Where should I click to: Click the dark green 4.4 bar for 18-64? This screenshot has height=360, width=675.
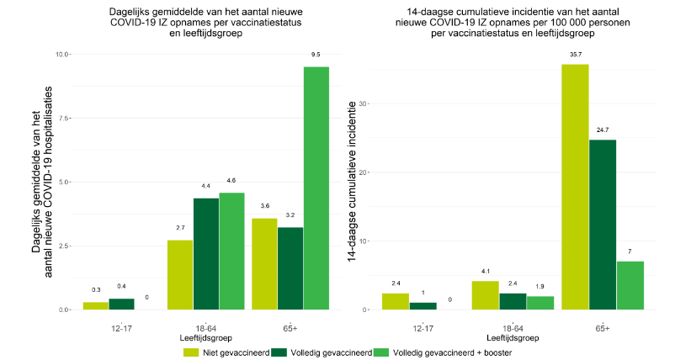(x=206, y=253)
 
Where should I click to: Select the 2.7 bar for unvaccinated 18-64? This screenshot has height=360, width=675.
(x=180, y=275)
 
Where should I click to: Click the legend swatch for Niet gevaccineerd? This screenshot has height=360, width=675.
(x=191, y=352)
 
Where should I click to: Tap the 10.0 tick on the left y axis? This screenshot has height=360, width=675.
(x=63, y=55)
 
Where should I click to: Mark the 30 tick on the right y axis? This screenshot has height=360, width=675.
(x=364, y=103)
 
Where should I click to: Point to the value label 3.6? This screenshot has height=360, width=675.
(x=263, y=206)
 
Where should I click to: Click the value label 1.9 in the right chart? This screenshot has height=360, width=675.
(x=540, y=284)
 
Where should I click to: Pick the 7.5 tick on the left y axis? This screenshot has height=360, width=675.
(x=66, y=118)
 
